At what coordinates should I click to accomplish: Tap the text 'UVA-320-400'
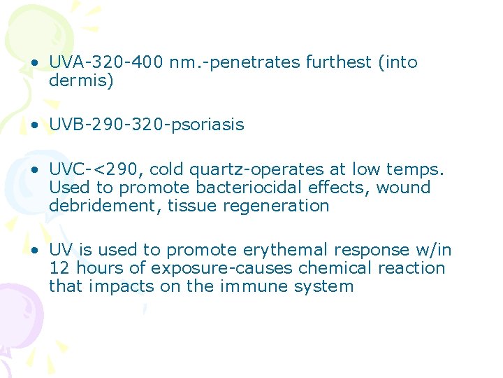106,62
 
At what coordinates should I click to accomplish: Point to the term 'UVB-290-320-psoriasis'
147,125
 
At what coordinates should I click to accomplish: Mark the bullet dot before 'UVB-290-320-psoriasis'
34,125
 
